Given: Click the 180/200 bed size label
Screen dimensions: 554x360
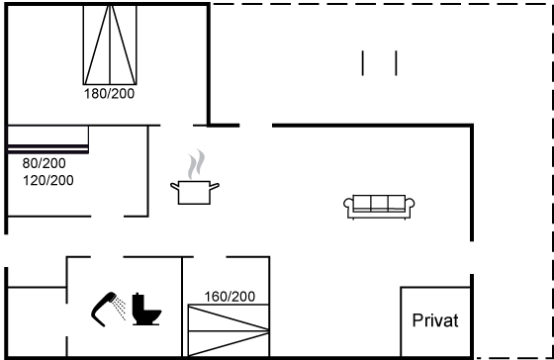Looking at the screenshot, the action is [x=109, y=94].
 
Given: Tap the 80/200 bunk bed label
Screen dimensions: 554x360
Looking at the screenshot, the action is [x=44, y=163].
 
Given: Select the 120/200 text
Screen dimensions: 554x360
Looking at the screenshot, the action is [x=48, y=180].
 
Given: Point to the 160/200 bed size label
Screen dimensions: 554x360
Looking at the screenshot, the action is [x=230, y=297].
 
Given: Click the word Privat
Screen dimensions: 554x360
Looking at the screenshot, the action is [x=435, y=320].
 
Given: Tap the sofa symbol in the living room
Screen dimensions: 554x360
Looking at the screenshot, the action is [x=379, y=207].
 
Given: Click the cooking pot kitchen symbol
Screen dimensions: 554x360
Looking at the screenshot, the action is [x=195, y=192].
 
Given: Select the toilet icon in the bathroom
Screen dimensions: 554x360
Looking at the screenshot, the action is [x=146, y=309].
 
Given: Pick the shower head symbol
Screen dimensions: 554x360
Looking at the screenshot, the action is [x=104, y=309].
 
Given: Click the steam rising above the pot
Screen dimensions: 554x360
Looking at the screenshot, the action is [x=196, y=164].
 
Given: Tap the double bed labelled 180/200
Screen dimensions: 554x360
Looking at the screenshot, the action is [x=110, y=45].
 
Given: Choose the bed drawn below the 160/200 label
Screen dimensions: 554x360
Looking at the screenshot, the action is [x=229, y=330].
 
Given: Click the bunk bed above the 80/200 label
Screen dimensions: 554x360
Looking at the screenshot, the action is [x=48, y=139].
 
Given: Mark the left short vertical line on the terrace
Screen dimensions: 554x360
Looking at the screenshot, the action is [x=362, y=63].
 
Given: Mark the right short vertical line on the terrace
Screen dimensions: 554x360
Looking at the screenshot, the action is [x=396, y=63].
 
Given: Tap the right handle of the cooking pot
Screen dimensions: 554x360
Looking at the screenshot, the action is [x=215, y=186].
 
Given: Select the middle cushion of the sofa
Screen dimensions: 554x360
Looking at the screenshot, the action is [x=379, y=203].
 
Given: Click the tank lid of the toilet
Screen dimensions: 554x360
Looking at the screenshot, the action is [x=139, y=295].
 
